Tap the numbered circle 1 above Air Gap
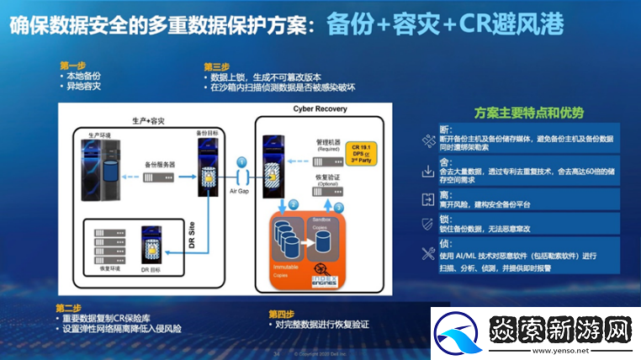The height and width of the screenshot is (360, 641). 241,161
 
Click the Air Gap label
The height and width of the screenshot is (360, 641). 239,192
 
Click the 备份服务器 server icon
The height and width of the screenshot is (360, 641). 160,177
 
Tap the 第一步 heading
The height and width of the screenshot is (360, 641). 72,65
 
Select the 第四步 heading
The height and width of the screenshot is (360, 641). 282,314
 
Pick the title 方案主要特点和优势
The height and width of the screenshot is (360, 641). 529,113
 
